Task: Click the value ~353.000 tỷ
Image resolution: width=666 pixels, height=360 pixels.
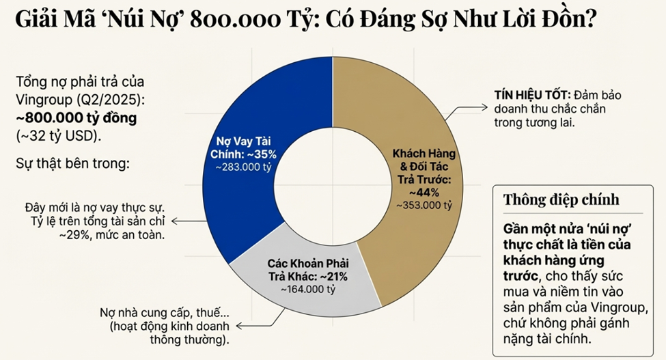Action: (425, 204)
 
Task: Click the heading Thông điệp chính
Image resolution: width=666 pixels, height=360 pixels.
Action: (561, 199)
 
